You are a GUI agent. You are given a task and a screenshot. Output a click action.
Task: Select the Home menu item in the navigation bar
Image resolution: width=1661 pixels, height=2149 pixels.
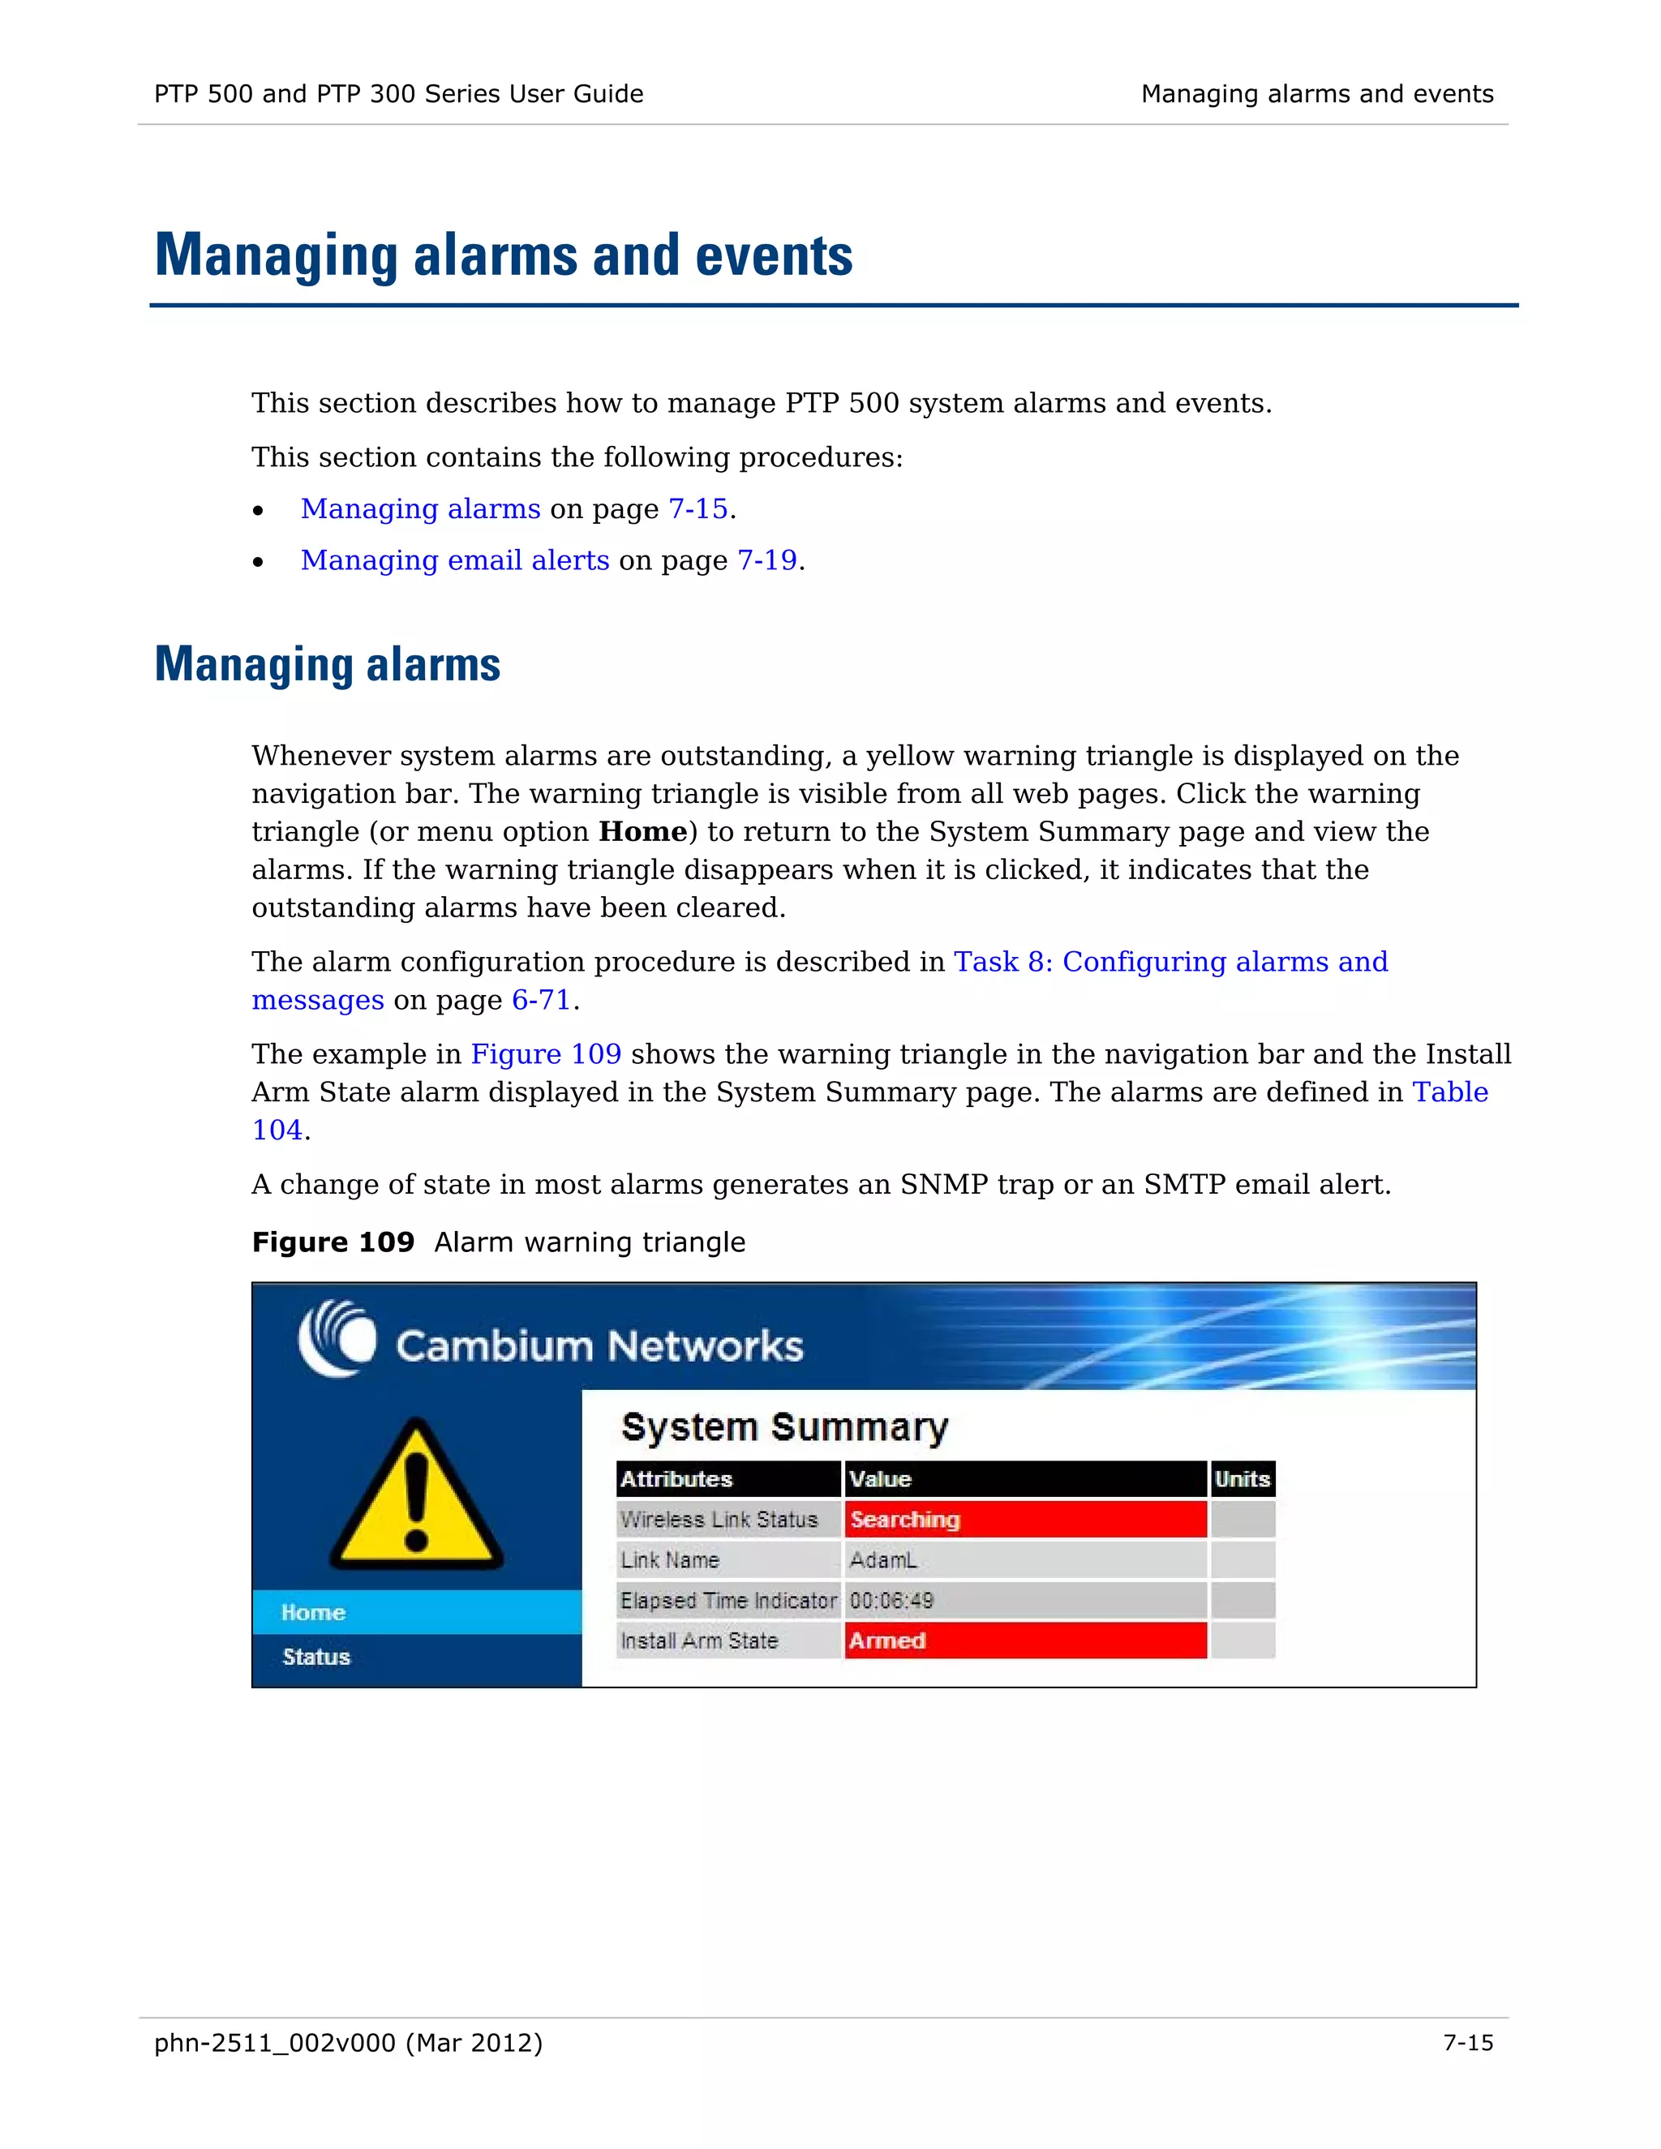(313, 1613)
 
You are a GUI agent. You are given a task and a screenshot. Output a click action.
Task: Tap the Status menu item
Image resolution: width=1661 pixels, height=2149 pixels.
(315, 1657)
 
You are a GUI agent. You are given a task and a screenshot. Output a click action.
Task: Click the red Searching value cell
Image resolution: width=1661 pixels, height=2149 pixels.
(1025, 1519)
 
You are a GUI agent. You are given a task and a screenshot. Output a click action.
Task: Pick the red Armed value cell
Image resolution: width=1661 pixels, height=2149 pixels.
(1025, 1641)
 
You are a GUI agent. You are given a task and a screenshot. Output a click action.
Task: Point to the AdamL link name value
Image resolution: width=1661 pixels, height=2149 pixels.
(882, 1560)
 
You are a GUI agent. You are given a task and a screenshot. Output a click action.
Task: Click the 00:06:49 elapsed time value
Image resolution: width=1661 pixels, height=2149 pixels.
(891, 1601)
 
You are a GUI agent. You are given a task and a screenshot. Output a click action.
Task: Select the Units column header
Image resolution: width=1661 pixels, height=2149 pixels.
(1242, 1479)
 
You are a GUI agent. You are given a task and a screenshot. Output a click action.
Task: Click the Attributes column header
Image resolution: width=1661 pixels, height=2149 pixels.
(677, 1479)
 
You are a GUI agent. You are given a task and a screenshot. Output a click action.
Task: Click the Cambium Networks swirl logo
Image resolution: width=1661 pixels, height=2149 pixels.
(337, 1338)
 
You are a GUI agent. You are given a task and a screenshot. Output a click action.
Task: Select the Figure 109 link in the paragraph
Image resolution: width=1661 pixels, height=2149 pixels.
(546, 1054)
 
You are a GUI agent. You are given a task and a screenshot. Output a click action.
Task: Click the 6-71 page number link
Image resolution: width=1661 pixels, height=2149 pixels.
(541, 1000)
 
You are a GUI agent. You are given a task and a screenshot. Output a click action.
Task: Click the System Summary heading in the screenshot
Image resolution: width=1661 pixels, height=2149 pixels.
(784, 1426)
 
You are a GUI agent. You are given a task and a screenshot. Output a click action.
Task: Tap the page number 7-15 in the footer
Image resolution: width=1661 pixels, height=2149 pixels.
(1467, 2044)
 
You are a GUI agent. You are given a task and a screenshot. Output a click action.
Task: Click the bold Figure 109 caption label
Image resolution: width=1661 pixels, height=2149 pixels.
(333, 1242)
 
